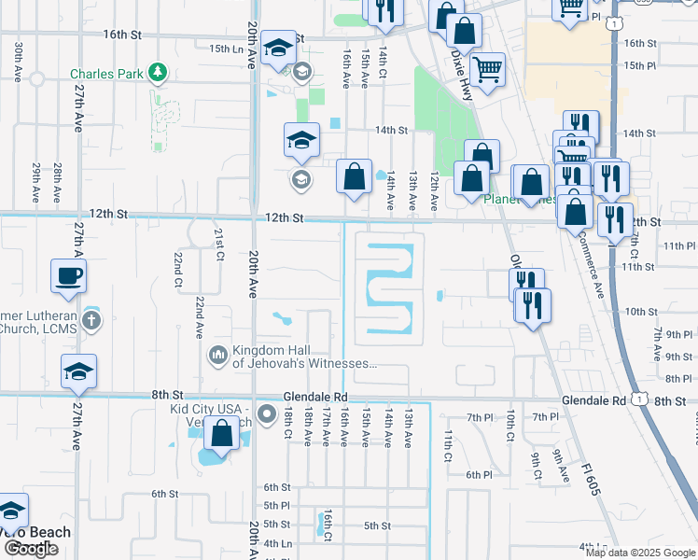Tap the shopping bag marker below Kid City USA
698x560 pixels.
point(222,433)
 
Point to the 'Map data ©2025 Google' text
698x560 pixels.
point(641,553)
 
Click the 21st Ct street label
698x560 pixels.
point(219,244)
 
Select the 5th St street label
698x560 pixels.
point(376,525)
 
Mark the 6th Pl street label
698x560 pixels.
point(479,475)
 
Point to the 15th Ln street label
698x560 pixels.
point(229,49)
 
